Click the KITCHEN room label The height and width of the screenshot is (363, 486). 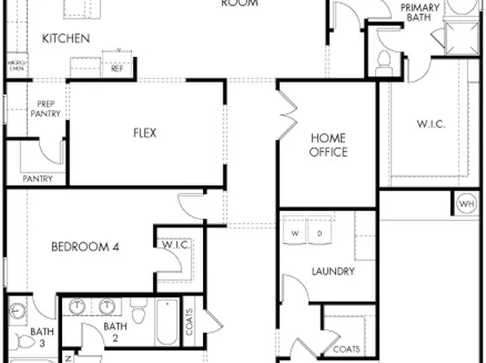click(x=66, y=38)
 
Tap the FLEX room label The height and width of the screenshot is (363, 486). click(x=144, y=133)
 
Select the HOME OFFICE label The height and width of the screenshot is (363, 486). click(x=327, y=146)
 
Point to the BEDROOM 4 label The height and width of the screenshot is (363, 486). click(x=86, y=247)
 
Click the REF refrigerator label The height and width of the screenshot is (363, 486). click(x=117, y=69)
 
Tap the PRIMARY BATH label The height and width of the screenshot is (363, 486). click(x=420, y=13)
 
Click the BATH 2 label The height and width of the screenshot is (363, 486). click(x=115, y=332)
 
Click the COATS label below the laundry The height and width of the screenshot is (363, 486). click(x=347, y=349)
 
